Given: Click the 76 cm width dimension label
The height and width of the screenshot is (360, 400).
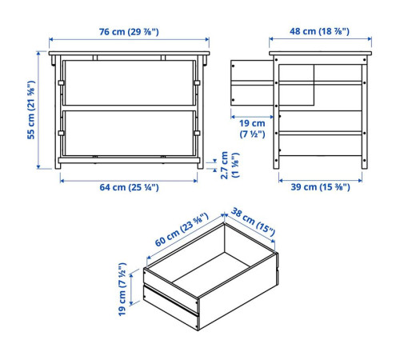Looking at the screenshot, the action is pyautogui.click(x=129, y=32).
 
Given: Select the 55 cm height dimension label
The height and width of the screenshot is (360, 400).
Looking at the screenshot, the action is pyautogui.click(x=31, y=110).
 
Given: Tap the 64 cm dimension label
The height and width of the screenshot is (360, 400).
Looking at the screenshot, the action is pyautogui.click(x=129, y=187).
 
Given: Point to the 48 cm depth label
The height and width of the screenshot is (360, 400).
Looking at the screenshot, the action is pyautogui.click(x=319, y=31).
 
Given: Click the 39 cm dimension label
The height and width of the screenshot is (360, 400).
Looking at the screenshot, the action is pyautogui.click(x=320, y=187).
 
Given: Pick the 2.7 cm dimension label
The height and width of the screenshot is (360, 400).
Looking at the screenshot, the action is pyautogui.click(x=230, y=165).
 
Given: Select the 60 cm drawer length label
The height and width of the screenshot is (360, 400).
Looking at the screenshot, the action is pyautogui.click(x=182, y=230).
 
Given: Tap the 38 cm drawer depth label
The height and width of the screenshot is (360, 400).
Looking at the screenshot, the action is pyautogui.click(x=253, y=222).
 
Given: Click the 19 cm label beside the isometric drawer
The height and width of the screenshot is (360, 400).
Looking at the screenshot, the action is pyautogui.click(x=122, y=290).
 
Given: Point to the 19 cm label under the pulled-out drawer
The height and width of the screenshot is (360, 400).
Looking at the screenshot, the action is pyautogui.click(x=252, y=128).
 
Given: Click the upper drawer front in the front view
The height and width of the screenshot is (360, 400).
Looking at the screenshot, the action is pyautogui.click(x=129, y=82).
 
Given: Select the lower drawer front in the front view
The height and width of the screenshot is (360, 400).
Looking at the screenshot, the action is pyautogui.click(x=129, y=133).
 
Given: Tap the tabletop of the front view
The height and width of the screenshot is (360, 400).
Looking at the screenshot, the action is pyautogui.click(x=129, y=54).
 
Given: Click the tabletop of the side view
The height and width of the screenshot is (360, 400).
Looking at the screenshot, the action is pyautogui.click(x=320, y=54).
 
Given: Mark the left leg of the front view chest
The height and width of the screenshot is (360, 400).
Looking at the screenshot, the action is pyautogui.click(x=58, y=112).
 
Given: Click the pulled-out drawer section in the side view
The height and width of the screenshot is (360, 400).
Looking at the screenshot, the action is pyautogui.click(x=252, y=82).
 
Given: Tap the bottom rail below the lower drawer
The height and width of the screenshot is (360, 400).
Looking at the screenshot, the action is pyautogui.click(x=129, y=160).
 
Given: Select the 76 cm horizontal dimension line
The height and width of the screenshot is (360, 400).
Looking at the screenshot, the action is pyautogui.click(x=129, y=39).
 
